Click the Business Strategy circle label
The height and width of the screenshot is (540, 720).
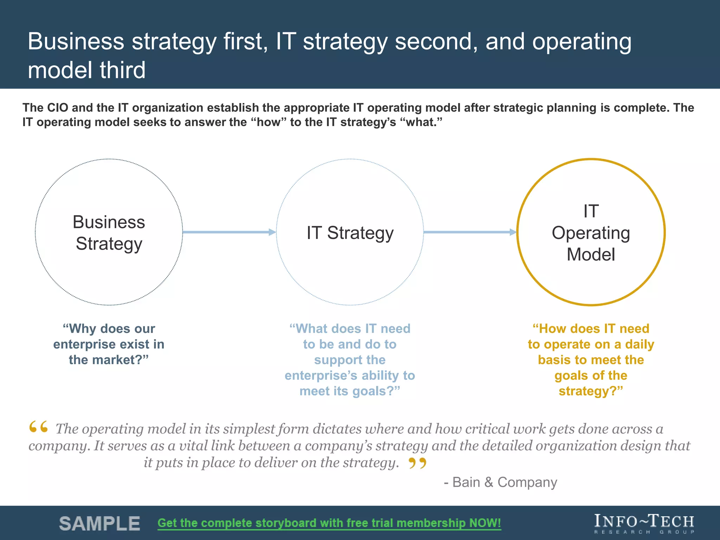(x=109, y=233)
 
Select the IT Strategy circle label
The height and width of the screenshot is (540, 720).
(x=350, y=233)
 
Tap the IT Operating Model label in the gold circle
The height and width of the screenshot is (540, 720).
(x=591, y=233)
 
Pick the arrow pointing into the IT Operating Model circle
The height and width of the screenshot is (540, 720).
(x=470, y=232)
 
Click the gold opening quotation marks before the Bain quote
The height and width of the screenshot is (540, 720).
(x=38, y=427)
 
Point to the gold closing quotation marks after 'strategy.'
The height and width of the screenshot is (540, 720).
(x=417, y=463)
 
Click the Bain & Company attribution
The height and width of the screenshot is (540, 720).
(x=500, y=482)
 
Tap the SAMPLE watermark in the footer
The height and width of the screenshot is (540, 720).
(x=99, y=523)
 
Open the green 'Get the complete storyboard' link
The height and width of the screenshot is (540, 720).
(x=329, y=523)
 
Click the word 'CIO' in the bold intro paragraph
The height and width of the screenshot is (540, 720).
(x=57, y=108)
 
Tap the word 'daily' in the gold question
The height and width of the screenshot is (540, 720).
(x=639, y=344)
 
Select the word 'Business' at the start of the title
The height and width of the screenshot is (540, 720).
(x=76, y=41)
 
